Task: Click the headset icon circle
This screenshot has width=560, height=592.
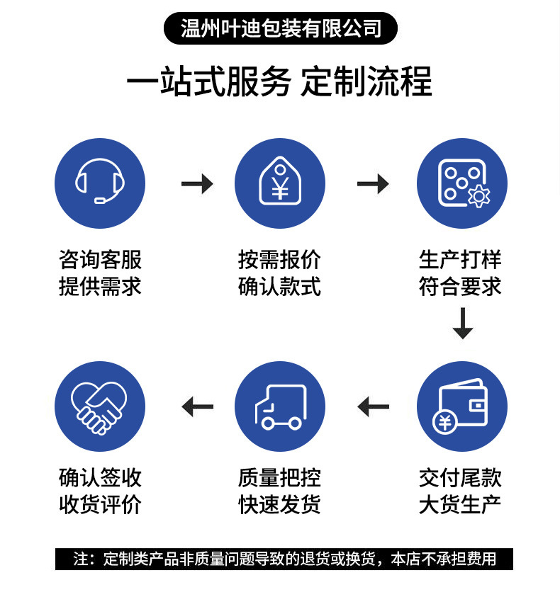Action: (100, 183)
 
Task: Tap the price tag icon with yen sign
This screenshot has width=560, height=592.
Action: (280, 183)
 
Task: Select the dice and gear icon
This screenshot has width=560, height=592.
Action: (462, 183)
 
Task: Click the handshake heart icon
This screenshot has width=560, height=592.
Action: (100, 406)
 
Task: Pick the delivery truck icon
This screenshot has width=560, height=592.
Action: (280, 406)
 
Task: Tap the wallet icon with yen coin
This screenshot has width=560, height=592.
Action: (462, 406)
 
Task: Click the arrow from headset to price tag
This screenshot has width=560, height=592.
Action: (197, 184)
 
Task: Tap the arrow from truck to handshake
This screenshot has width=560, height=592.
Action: (197, 407)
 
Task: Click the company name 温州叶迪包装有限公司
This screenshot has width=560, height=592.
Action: (281, 28)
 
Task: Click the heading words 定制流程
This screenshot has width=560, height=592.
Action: (366, 82)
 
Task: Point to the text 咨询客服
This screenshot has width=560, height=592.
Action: (100, 259)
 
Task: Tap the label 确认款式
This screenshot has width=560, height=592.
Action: (280, 286)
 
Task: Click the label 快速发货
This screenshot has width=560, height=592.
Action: (280, 504)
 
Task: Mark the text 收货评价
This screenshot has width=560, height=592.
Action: (100, 504)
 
